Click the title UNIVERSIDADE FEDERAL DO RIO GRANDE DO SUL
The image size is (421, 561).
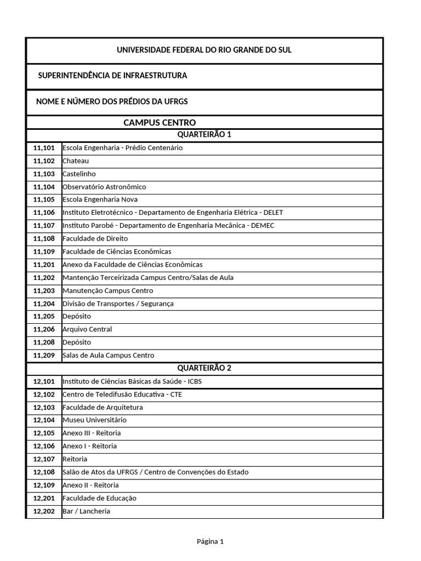coord(204,50)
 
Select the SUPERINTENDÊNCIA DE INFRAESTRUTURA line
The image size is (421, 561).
coord(112,75)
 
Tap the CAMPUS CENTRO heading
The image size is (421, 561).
coord(160,122)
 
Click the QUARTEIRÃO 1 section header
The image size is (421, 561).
coord(204,135)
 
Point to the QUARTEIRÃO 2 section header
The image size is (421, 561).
coord(204,368)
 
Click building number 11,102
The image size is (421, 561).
coord(44,161)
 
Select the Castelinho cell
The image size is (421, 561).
coord(79,174)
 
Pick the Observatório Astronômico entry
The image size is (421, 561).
coord(104,187)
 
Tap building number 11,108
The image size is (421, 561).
coord(44,239)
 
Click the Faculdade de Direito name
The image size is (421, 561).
coord(95,239)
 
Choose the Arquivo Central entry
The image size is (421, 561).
coord(87,329)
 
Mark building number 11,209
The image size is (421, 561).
coord(44,355)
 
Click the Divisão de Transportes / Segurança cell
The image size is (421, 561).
coord(119,304)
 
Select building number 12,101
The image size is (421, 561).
coord(44,381)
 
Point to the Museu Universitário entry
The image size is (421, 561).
coord(94,420)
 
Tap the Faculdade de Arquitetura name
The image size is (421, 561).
coord(103,407)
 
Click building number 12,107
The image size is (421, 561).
coord(44,459)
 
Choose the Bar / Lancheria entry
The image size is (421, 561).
coord(86,511)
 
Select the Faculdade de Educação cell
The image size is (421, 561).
coord(99,498)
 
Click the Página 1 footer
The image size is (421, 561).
coord(210,542)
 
